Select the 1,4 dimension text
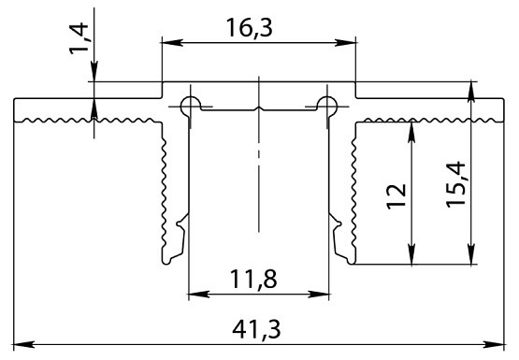(x=80, y=40)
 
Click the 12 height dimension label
(x=396, y=195)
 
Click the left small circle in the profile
(x=191, y=103)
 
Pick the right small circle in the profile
(x=326, y=103)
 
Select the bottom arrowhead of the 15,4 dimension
(x=470, y=257)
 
